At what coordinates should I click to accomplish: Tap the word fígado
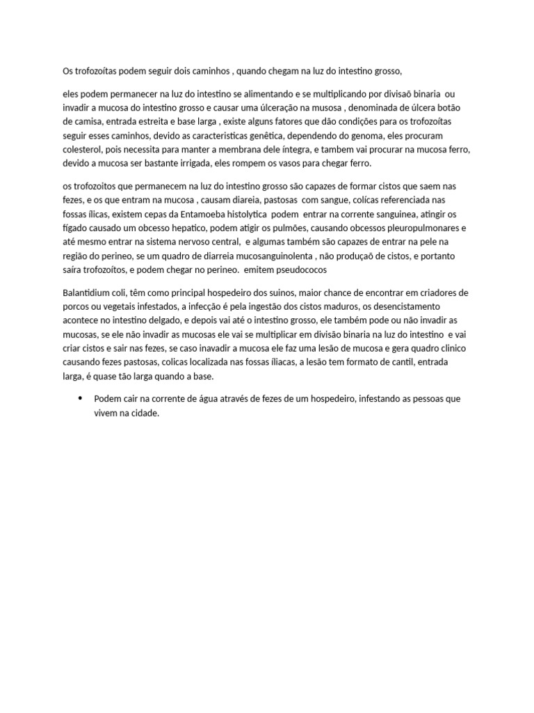coord(75,228)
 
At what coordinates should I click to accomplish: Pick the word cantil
coord(398,362)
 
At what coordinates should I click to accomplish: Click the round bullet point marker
coord(81,398)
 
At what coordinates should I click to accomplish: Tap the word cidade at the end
coord(143,413)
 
